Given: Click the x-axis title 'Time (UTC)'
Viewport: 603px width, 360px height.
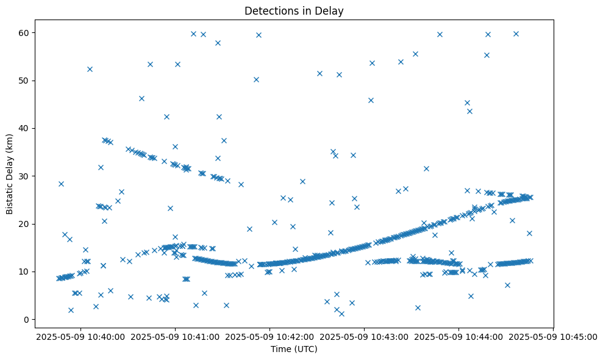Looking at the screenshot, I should pyautogui.click(x=294, y=350).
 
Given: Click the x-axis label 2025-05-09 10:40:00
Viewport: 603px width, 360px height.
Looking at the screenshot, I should pyautogui.click(x=80, y=336).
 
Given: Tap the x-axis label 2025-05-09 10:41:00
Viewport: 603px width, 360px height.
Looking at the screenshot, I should pyautogui.click(x=175, y=336).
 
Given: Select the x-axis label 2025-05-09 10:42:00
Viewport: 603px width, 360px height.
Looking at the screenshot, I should pyautogui.click(x=269, y=336).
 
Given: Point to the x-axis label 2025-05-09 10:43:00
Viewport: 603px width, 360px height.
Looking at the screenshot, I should pyautogui.click(x=364, y=336).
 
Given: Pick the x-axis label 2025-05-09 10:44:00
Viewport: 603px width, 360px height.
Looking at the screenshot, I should pyautogui.click(x=458, y=336).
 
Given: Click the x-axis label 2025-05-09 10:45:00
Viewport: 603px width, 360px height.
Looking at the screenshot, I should pyautogui.click(x=553, y=336).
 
